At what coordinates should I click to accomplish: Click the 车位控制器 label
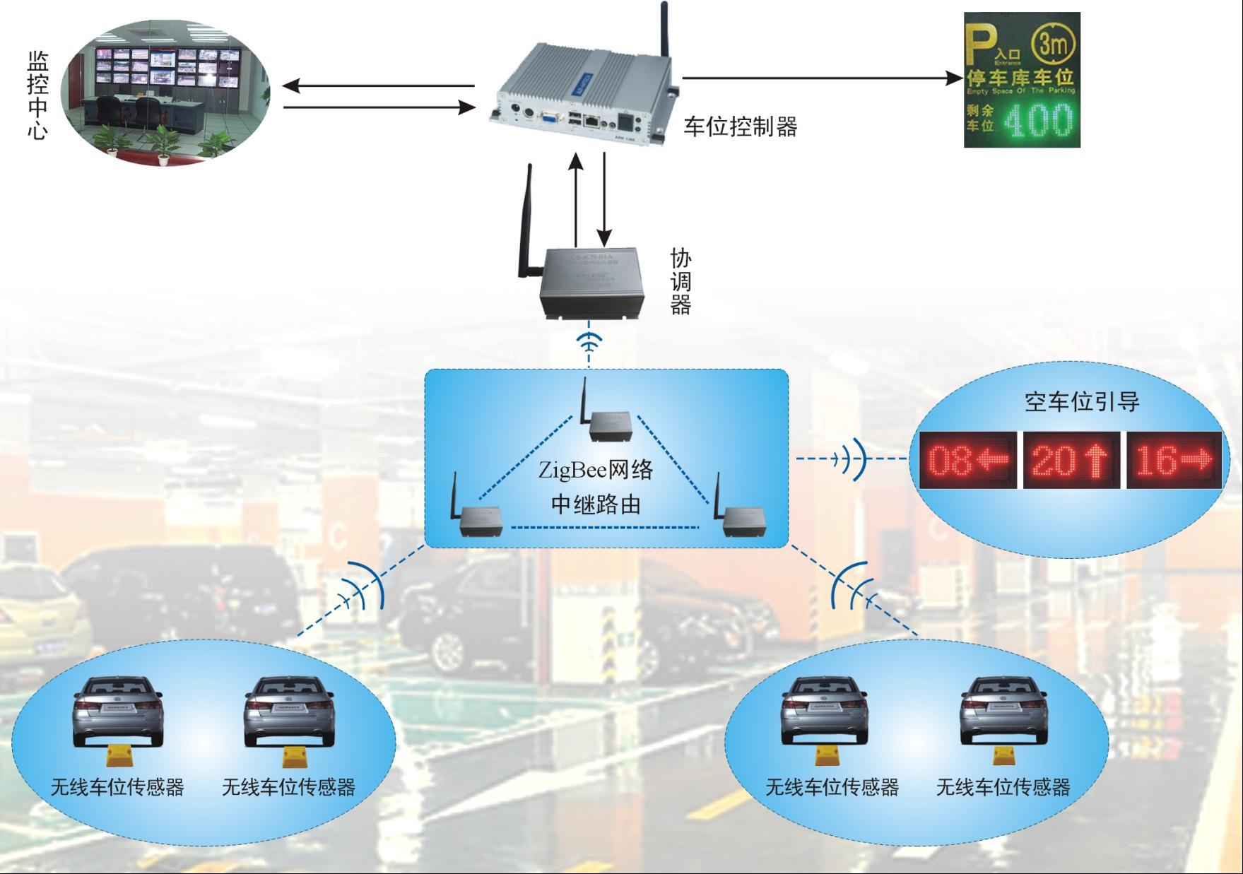point(740,127)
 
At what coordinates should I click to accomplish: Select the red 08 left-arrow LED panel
point(968,460)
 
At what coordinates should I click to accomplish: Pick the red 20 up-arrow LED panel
point(1071,460)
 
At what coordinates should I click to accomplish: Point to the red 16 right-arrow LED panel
point(1174,460)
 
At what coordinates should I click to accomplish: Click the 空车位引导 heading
point(1082,401)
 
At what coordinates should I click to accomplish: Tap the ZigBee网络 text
point(595,470)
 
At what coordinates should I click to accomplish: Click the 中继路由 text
point(595,504)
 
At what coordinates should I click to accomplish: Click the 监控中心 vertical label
point(37,95)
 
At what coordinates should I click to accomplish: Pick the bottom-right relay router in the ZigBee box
point(741,519)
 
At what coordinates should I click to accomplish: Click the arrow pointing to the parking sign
point(820,77)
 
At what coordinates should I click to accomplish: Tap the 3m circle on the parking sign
point(1053,44)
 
